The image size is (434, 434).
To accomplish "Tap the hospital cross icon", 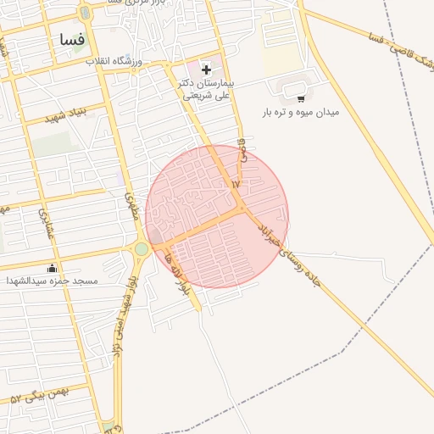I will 207,69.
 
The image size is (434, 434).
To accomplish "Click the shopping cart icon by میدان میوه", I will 301,98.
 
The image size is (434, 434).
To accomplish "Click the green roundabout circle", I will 141,249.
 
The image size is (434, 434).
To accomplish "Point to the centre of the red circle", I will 217,216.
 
